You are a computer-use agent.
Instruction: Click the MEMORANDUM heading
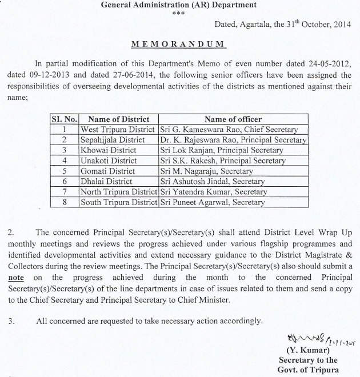(x=180, y=44)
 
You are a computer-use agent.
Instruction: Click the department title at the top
(x=179, y=6)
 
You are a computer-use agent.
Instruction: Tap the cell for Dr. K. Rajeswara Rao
(x=233, y=140)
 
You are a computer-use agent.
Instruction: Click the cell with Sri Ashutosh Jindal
(x=213, y=181)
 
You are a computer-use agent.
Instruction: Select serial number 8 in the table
(x=65, y=202)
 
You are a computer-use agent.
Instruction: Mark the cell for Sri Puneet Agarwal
(x=213, y=202)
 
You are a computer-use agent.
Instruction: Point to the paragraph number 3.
(x=12, y=321)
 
